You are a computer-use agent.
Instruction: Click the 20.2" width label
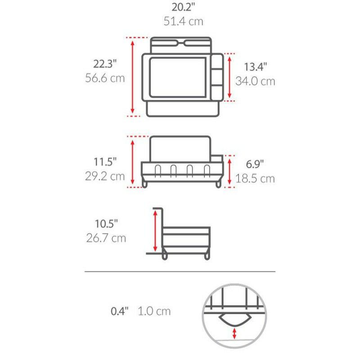183,7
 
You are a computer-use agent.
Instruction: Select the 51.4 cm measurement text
183,21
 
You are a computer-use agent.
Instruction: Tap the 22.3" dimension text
105,63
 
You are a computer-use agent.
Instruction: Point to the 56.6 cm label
105,78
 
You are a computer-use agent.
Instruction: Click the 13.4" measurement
255,67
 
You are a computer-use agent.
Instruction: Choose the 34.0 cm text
255,81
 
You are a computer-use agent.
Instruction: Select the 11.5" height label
105,162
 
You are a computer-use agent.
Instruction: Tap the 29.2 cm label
105,176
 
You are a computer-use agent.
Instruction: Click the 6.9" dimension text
255,164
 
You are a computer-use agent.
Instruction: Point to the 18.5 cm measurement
255,179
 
